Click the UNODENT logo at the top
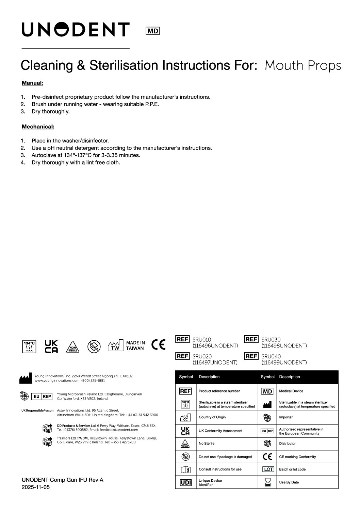pos(76,29)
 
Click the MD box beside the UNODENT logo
pos(153,31)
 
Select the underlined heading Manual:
pos(32,83)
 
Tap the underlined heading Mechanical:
pos(38,127)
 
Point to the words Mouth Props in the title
pos(302,65)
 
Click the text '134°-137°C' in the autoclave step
pos(78,155)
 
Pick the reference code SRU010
pos(202,340)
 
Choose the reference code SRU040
pos(271,357)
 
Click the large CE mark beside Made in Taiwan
pos(159,345)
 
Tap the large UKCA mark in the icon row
pos(51,346)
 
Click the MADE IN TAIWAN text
pos(135,345)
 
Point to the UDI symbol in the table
pos(185,482)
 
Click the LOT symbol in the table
pos(268,469)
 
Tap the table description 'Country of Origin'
pos(212,417)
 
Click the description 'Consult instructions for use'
pos(220,469)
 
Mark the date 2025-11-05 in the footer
pos(36,487)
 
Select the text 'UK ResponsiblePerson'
pos(37,411)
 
